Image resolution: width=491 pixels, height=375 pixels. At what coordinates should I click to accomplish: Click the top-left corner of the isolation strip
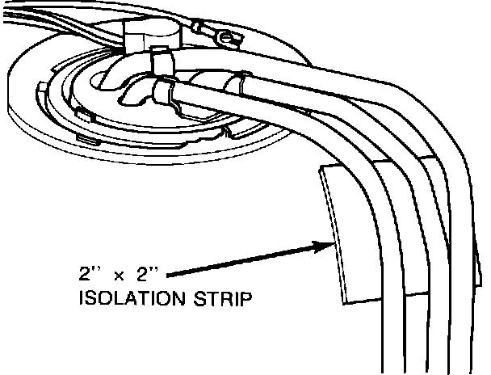click(321, 170)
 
